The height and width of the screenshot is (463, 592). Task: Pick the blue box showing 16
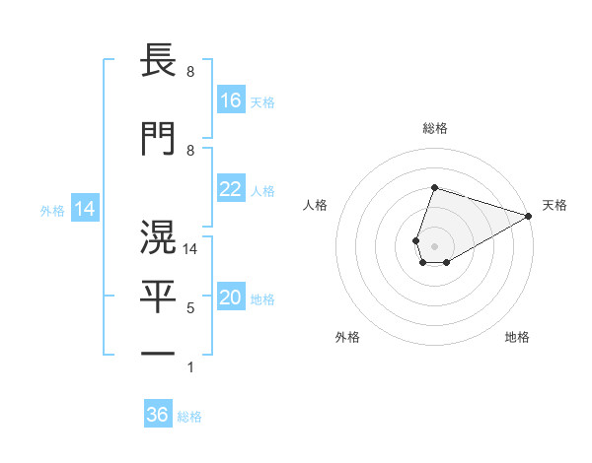pyautogui.click(x=231, y=100)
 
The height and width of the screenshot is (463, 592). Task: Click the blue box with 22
pyautogui.click(x=231, y=189)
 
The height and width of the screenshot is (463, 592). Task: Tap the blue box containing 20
pyautogui.click(x=231, y=298)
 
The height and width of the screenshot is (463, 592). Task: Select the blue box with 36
pyautogui.click(x=158, y=415)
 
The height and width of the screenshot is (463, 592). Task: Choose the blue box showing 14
pyautogui.click(x=85, y=209)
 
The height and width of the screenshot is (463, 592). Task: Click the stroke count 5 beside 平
pyautogui.click(x=190, y=309)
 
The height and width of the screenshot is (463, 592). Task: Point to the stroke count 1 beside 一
pyautogui.click(x=190, y=367)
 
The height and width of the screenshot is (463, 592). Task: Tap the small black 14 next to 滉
pyautogui.click(x=191, y=250)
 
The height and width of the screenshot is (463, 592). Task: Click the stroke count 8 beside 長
pyautogui.click(x=190, y=73)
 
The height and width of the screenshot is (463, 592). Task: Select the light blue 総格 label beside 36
pyautogui.click(x=189, y=417)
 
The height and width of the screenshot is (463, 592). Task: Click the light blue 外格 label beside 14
pyautogui.click(x=52, y=210)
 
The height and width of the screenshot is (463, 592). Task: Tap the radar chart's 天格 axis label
pyautogui.click(x=555, y=205)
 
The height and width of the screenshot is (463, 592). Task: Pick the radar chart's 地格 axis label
pyautogui.click(x=517, y=338)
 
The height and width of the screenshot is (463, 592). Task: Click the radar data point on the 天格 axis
pyautogui.click(x=528, y=215)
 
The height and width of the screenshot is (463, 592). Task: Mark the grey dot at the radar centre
pyautogui.click(x=434, y=244)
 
